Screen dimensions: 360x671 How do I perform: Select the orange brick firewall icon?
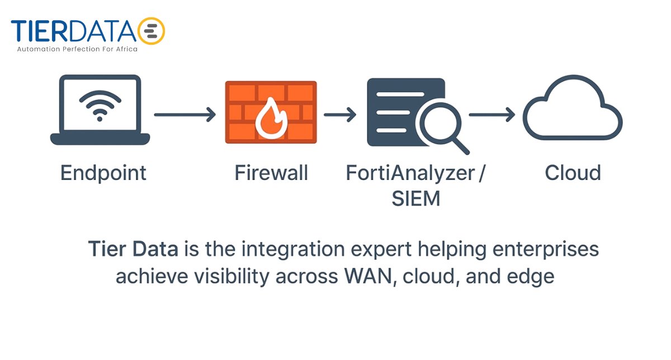[271, 112]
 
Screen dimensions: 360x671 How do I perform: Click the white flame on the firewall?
[270, 118]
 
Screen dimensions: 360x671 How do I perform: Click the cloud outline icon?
[572, 111]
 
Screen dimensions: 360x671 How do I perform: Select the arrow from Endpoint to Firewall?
[185, 115]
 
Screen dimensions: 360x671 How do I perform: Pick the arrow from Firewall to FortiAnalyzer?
[340, 115]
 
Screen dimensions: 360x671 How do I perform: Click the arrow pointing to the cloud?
[492, 115]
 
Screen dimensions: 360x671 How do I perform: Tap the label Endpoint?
[103, 173]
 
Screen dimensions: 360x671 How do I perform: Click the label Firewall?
[271, 173]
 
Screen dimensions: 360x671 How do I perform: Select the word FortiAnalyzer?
[409, 173]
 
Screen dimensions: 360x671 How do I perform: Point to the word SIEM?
[416, 198]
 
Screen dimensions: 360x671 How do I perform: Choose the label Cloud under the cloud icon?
[573, 173]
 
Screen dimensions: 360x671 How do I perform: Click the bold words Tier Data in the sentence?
[133, 249]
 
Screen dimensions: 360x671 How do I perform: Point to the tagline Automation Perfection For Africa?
[77, 49]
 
